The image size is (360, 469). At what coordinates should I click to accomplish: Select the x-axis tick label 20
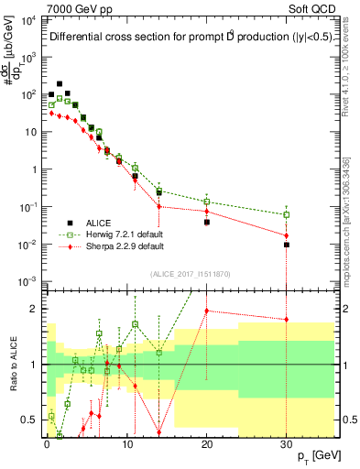click(x=207, y=444)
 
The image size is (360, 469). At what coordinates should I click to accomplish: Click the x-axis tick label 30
click(x=287, y=444)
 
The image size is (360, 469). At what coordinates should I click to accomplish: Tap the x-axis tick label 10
click(x=126, y=444)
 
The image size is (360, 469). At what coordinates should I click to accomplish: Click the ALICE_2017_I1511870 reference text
click(x=190, y=273)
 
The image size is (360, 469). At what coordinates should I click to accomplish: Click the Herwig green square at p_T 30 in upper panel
click(x=287, y=215)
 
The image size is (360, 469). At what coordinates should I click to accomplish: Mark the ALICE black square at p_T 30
click(x=287, y=245)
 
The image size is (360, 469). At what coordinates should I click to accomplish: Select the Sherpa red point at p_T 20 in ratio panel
click(x=207, y=311)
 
